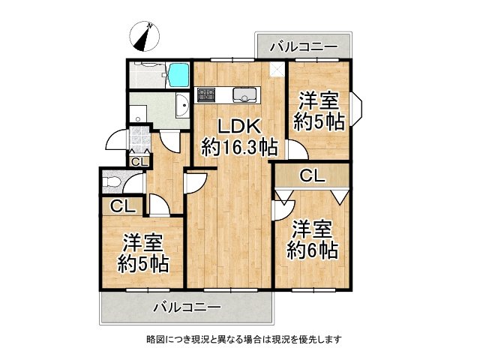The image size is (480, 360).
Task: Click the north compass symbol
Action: pos(142,35)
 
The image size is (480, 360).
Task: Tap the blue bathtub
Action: pos(178,75)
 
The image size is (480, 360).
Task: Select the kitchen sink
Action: pos(245,95)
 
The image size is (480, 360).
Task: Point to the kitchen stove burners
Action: pos(206,95)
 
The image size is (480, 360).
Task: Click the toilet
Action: pos(112,182)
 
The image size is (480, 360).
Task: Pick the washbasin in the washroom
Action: pos(181,107)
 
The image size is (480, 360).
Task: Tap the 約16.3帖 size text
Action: pos(235,147)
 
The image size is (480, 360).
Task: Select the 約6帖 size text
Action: pos(311,249)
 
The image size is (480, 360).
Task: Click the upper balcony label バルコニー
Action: pos(303,47)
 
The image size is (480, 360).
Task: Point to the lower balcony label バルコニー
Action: pos(186,307)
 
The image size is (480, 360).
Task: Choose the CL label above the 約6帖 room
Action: pos(311,177)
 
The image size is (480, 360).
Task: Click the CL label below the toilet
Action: pos(118,206)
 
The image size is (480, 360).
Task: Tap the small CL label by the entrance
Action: pos(139,161)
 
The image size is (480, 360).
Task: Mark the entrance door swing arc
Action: pos(115,140)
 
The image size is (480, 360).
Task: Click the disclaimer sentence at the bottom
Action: pos(244,339)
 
